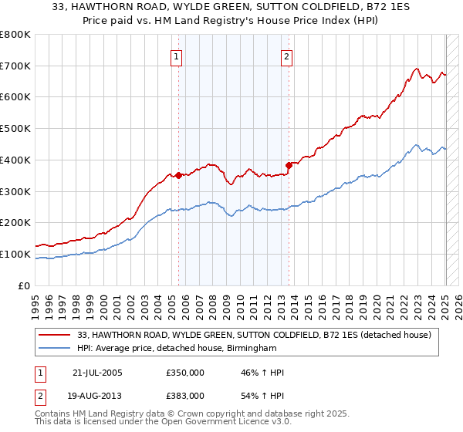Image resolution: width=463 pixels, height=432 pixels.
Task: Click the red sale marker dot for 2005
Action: [x=178, y=175]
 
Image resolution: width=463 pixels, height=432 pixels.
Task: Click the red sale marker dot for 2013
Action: [x=289, y=164]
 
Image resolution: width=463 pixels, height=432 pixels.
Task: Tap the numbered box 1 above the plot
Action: [x=177, y=56]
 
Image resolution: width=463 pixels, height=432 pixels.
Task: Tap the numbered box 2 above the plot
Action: [x=286, y=56]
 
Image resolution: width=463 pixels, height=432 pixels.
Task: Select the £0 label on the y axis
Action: [x=24, y=286]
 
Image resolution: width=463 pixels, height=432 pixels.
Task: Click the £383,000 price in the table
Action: [x=184, y=395]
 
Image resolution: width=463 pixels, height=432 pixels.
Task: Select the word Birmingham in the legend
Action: [x=249, y=349]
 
